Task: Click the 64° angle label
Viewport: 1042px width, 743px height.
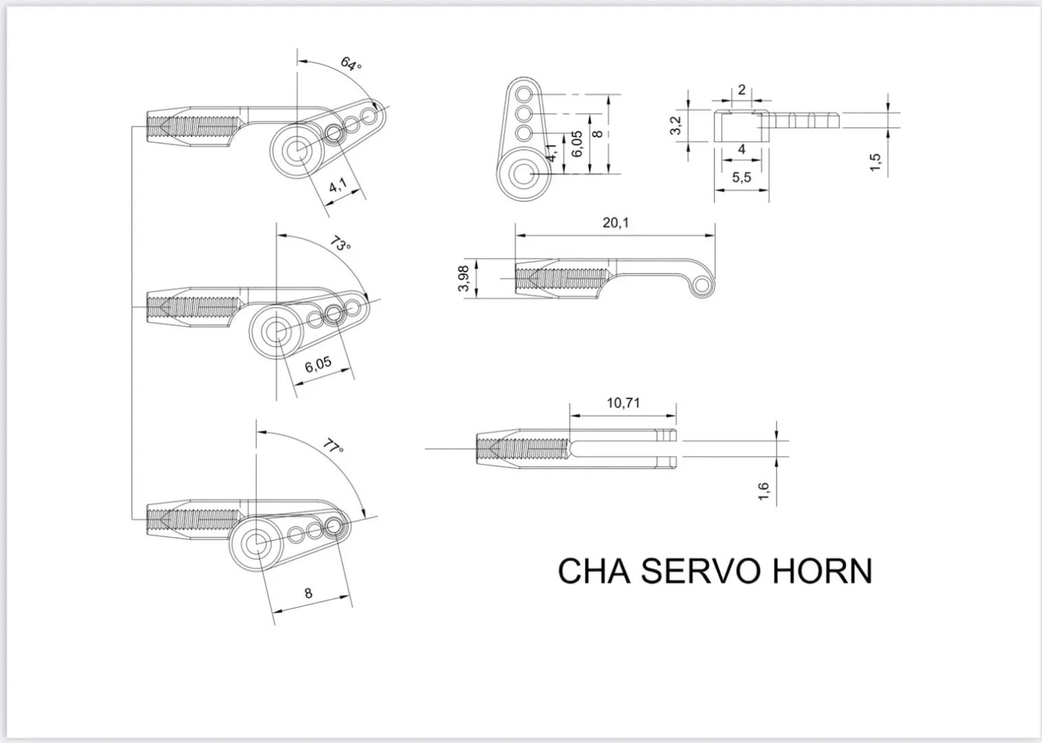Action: coord(352,64)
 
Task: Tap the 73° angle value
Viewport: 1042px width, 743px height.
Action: coord(340,244)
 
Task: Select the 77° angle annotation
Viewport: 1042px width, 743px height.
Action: coord(334,447)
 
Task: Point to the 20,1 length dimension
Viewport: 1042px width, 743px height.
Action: coord(615,222)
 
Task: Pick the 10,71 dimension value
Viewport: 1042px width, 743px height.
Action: coord(623,403)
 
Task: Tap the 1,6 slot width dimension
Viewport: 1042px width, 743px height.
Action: coord(763,491)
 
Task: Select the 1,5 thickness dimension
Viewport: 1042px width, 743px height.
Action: coord(875,163)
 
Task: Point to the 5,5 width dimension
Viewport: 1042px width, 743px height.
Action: coord(741,177)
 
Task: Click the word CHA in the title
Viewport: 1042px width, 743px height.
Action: coord(593,571)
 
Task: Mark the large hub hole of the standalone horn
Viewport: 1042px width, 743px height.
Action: coord(522,172)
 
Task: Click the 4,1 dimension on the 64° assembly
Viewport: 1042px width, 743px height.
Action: coord(338,186)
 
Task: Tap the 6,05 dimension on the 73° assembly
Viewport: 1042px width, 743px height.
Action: coord(318,364)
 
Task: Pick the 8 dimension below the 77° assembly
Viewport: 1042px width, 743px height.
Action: coord(308,594)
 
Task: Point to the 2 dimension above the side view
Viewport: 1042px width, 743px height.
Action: coord(742,90)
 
